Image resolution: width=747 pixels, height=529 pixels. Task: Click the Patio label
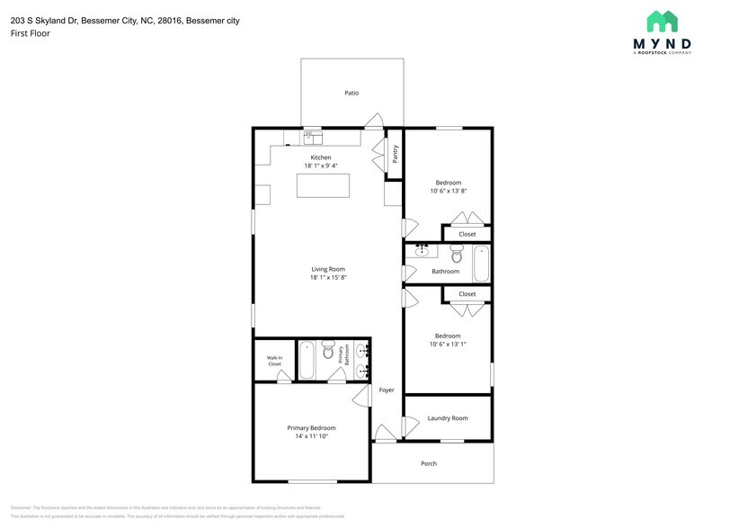[x=352, y=93]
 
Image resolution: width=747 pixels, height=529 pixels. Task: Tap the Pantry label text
[x=395, y=154]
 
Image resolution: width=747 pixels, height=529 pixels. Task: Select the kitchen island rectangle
[x=323, y=185]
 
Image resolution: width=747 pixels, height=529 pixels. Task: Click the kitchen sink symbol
[x=312, y=138]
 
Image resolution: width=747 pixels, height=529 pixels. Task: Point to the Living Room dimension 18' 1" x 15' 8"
[x=328, y=277]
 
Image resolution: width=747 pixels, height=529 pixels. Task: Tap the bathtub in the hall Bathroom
[x=481, y=264]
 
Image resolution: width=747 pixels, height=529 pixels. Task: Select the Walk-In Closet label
[x=274, y=361]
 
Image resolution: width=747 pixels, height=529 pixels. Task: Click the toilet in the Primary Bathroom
[x=328, y=349]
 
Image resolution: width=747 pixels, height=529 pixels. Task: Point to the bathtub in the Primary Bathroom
[x=306, y=361]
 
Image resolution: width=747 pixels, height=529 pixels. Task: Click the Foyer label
[x=387, y=390]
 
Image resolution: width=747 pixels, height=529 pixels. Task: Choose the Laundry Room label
[x=447, y=418]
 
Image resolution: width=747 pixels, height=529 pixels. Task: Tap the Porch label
[x=429, y=463]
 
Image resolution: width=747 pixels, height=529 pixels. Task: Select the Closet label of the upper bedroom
[x=467, y=234]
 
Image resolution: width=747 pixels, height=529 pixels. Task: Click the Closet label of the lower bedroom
[x=467, y=294]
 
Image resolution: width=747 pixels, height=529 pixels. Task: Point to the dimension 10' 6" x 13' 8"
[x=448, y=191]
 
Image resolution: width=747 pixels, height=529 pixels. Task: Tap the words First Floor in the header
[x=31, y=33]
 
